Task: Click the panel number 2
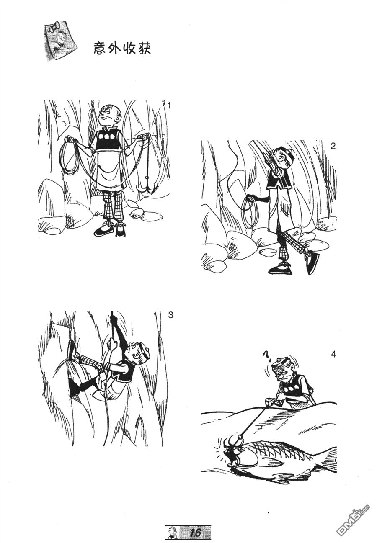pyautogui.click(x=333, y=146)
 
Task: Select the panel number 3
pyautogui.click(x=170, y=315)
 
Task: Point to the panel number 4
pyautogui.click(x=333, y=355)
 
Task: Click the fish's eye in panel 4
pyautogui.click(x=241, y=449)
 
